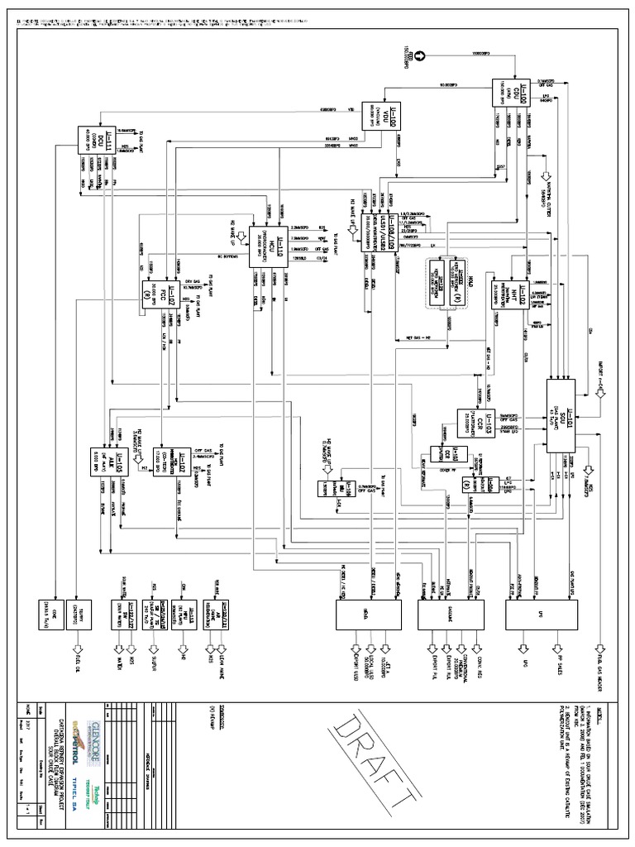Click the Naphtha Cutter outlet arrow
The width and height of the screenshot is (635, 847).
click(546, 177)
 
